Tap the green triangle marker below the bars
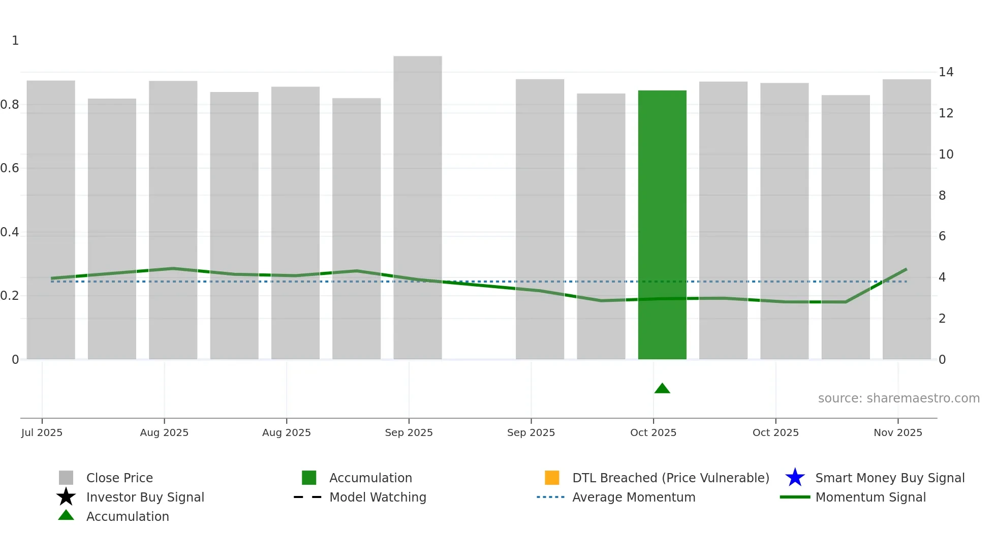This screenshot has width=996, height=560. pos(662,389)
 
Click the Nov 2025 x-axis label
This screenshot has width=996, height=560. pos(897,432)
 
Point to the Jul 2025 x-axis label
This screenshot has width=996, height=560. pos(42,432)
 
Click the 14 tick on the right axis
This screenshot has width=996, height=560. pos(945,72)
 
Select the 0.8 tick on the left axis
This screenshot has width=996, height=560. pos(10,105)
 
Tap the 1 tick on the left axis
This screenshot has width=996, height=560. pos(15,41)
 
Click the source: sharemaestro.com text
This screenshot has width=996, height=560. pos(898,398)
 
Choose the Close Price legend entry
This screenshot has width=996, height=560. pos(119,478)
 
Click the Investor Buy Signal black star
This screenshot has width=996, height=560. pos(66,497)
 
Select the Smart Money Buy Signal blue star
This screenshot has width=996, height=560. pos(795,478)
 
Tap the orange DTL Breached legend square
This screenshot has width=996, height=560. pos(552,478)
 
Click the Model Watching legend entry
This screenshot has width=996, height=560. pos(377,497)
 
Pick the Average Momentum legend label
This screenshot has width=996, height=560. pos(633,497)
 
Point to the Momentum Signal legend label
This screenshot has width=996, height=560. pos(870,497)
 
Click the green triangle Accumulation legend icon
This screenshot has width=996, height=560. pos(66,515)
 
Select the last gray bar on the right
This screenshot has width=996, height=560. pos(906,219)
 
